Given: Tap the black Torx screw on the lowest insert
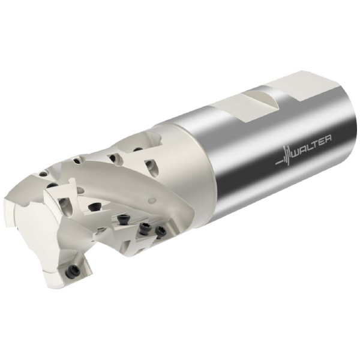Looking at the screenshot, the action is point(73,272).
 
